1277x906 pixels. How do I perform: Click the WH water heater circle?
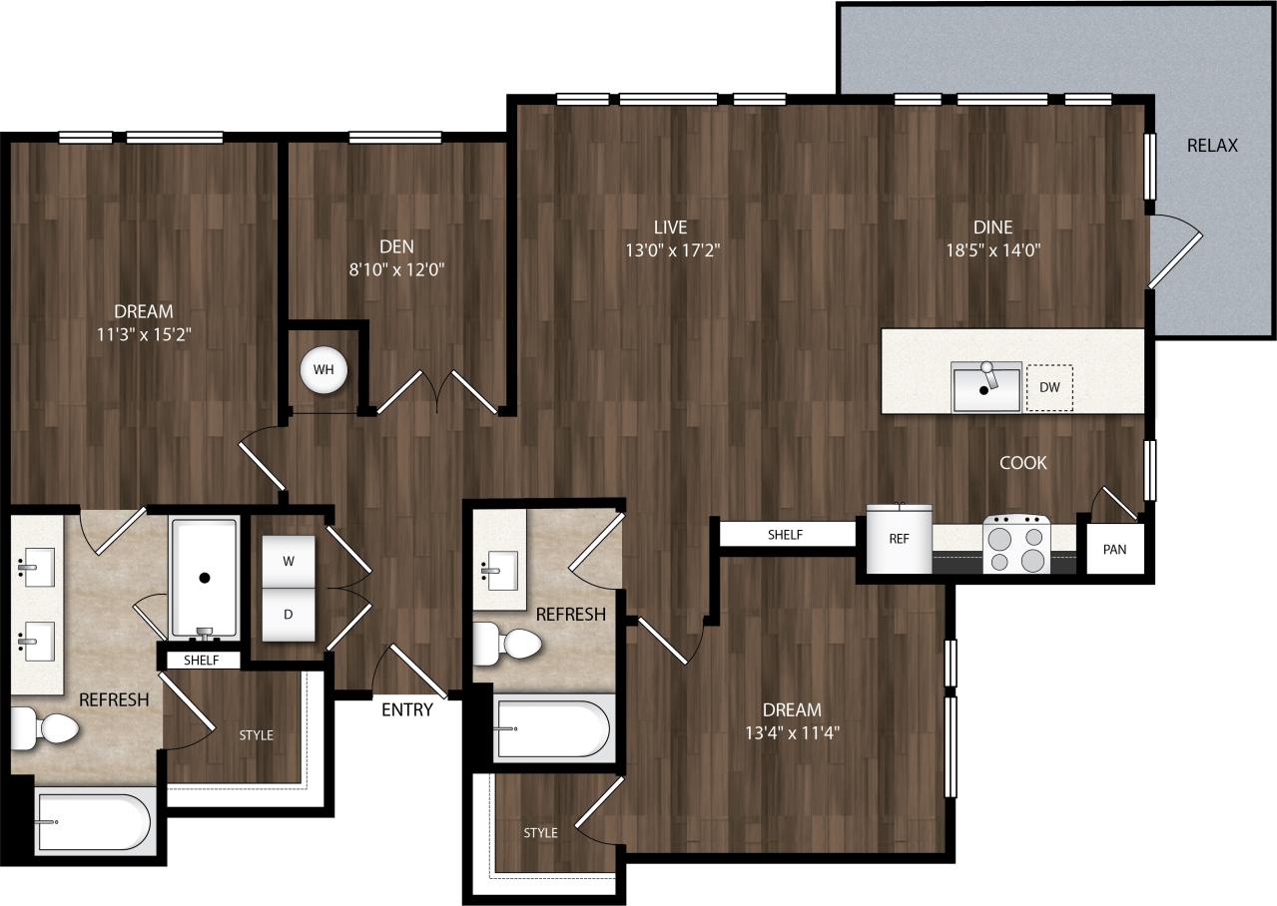(323, 369)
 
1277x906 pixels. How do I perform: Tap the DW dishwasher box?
(1049, 387)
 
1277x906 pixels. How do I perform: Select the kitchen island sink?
(986, 387)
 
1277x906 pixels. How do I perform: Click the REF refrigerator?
(899, 538)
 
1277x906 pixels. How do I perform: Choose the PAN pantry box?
(1114, 550)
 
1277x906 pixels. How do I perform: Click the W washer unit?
(289, 561)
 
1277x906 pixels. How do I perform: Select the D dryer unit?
(289, 614)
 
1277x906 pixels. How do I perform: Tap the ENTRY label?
(407, 709)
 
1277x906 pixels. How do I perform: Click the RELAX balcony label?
(1212, 145)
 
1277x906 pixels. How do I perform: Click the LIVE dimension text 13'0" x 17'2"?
(672, 250)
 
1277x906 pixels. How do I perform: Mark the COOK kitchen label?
(1023, 463)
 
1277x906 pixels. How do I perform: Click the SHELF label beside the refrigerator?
(786, 535)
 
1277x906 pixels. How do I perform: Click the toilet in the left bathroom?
(46, 728)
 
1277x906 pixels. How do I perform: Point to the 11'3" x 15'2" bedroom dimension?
(143, 335)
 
